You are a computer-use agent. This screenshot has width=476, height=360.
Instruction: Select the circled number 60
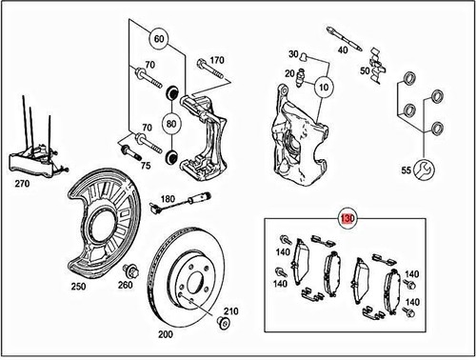click(159, 41)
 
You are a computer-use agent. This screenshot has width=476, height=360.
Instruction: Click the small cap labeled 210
click(224, 325)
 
